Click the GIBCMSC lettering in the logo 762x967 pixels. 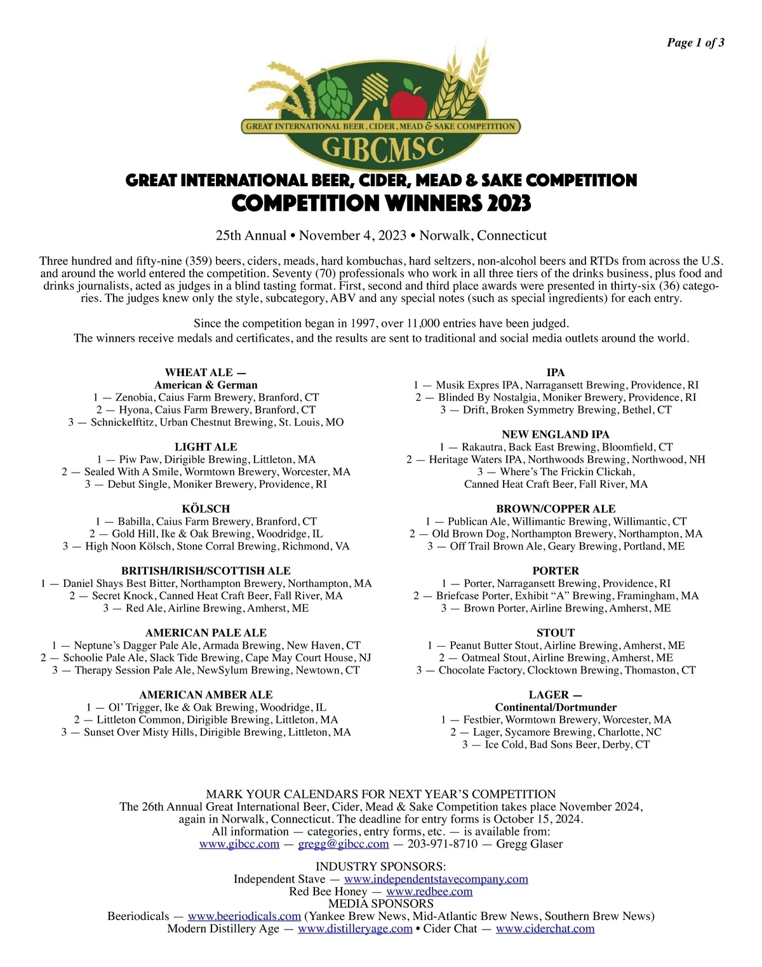[x=382, y=147]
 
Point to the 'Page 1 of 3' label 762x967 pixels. [x=695, y=43]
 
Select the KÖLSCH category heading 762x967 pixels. [x=206, y=509]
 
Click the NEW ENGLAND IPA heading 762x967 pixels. [x=556, y=435]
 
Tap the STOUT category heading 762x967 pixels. [x=556, y=633]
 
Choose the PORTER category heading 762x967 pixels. [x=556, y=571]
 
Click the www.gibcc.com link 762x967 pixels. [x=239, y=844]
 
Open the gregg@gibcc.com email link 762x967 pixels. [x=344, y=844]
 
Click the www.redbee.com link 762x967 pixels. [x=429, y=891]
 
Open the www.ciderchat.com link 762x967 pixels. [x=545, y=929]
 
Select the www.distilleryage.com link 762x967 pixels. [x=355, y=929]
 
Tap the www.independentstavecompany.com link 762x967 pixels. [x=436, y=879]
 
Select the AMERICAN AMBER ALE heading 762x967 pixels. [x=206, y=695]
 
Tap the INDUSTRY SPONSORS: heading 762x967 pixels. [x=381, y=867]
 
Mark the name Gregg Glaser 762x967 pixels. [x=530, y=844]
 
